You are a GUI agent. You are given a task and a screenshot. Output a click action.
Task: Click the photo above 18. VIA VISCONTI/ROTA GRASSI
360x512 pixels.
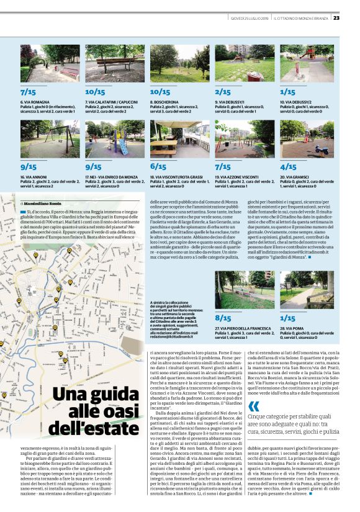click(179, 139)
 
